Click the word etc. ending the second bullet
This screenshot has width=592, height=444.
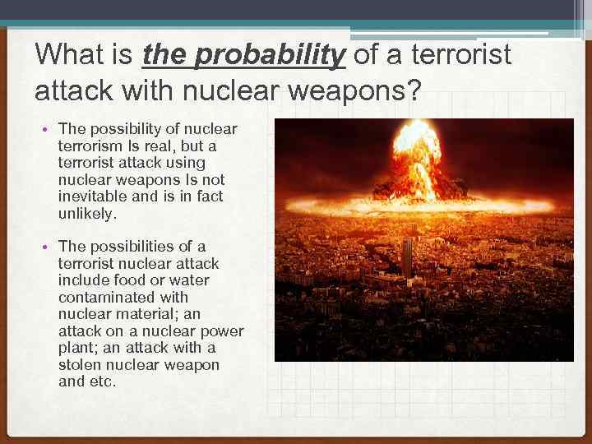tap(102, 382)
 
